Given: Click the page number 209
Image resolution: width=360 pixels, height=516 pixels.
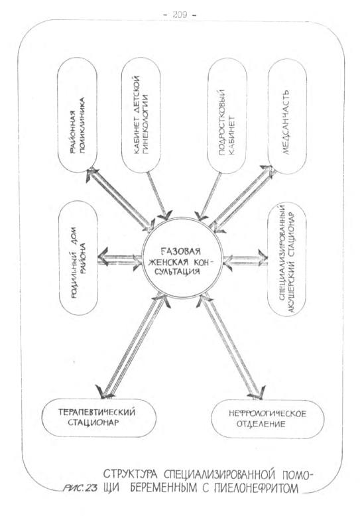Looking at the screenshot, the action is pyautogui.click(x=180, y=15).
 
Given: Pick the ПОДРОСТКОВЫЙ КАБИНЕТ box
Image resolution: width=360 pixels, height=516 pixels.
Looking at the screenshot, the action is pyautogui.click(x=227, y=115).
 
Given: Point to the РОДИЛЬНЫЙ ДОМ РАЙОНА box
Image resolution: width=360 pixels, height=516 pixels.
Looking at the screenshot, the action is pyautogui.click(x=78, y=258).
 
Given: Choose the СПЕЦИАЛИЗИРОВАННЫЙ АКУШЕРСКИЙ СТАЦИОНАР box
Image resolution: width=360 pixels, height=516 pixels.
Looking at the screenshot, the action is pyautogui.click(x=286, y=259).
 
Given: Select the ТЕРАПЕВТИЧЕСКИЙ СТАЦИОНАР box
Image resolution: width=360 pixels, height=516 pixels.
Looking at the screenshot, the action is pyautogui.click(x=99, y=418).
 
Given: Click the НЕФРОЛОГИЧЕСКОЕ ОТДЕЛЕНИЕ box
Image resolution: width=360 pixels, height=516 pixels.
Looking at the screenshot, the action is pyautogui.click(x=267, y=419).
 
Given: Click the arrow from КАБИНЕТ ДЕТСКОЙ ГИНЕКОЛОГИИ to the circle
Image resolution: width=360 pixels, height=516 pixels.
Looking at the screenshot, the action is pyautogui.click(x=157, y=195).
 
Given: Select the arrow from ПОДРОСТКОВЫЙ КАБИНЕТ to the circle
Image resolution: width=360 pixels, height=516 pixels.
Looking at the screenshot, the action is pyautogui.click(x=210, y=196).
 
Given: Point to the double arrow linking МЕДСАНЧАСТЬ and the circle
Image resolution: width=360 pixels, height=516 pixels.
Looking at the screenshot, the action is pyautogui.click(x=243, y=198).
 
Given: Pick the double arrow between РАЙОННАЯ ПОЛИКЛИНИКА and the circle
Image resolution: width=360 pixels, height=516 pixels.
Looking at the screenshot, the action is pyautogui.click(x=121, y=198).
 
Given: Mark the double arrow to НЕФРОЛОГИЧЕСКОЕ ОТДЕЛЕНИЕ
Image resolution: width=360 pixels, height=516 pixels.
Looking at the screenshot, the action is pyautogui.click(x=230, y=346).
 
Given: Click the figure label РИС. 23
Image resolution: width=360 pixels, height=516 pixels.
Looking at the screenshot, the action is pyautogui.click(x=80, y=488).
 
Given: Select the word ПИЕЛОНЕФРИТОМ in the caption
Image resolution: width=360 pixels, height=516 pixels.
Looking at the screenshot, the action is pyautogui.click(x=256, y=487).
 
